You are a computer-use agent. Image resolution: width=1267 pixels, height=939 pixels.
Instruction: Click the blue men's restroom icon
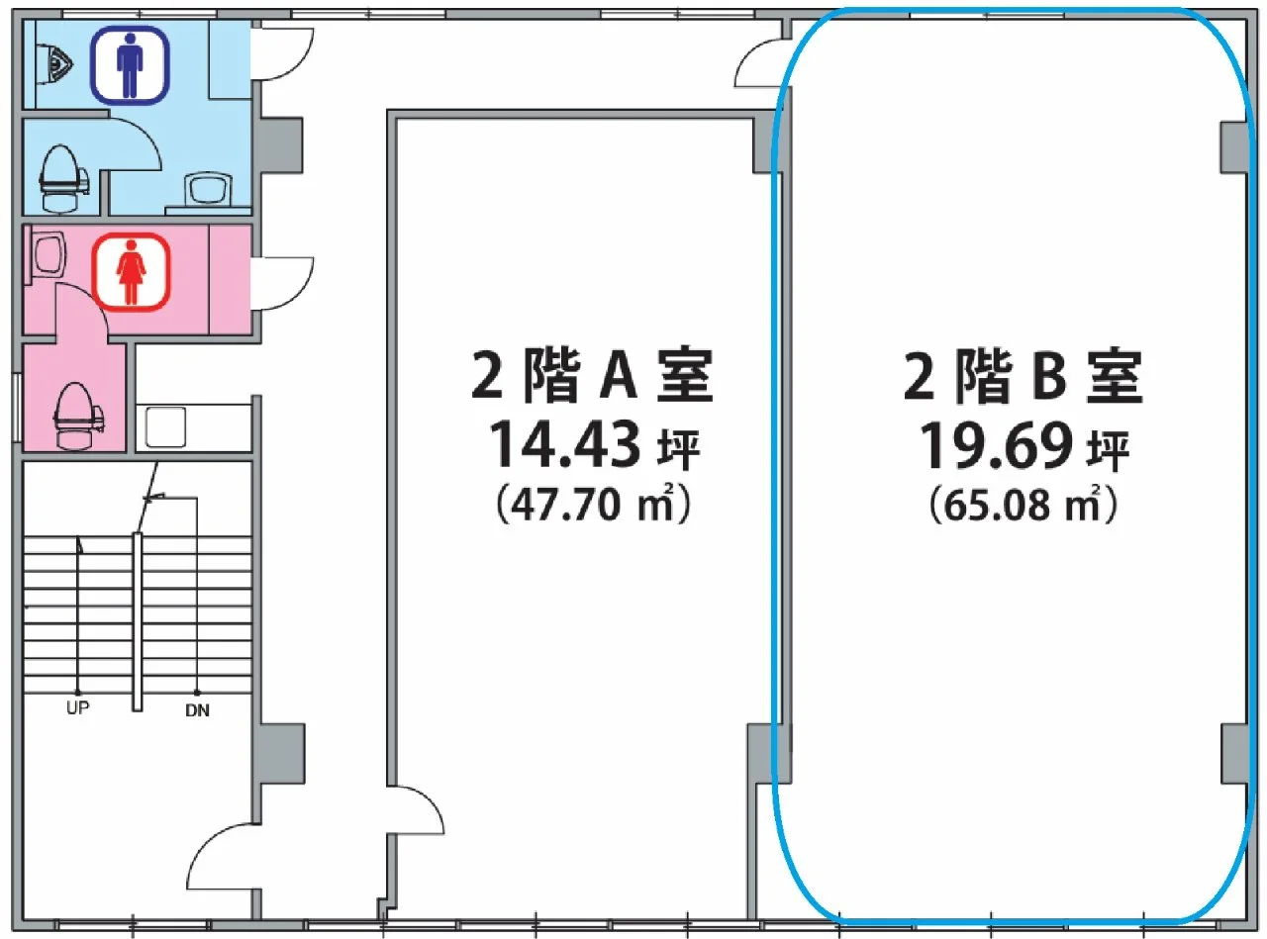tap(132, 65)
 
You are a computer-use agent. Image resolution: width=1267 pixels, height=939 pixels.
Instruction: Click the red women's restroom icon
tap(132, 271)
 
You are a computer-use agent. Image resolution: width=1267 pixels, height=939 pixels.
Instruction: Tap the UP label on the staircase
tap(77, 707)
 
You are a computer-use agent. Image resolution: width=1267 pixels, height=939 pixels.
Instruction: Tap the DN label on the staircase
tap(198, 710)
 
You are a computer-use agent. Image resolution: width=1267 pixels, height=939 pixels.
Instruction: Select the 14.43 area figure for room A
tap(565, 445)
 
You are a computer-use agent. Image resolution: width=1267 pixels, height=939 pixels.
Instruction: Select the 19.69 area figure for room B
tap(996, 445)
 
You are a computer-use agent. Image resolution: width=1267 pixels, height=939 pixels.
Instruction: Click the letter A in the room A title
tap(618, 376)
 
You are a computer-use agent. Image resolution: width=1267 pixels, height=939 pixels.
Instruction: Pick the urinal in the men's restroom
tap(55, 62)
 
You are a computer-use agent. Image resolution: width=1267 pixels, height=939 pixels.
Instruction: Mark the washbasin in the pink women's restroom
tap(47, 254)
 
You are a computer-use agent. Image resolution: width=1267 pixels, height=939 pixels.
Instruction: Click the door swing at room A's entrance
tap(416, 810)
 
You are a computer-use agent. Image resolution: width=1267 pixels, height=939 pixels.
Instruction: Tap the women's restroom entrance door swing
tap(283, 284)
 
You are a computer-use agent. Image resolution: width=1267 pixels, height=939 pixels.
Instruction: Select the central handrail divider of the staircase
tap(138, 621)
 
